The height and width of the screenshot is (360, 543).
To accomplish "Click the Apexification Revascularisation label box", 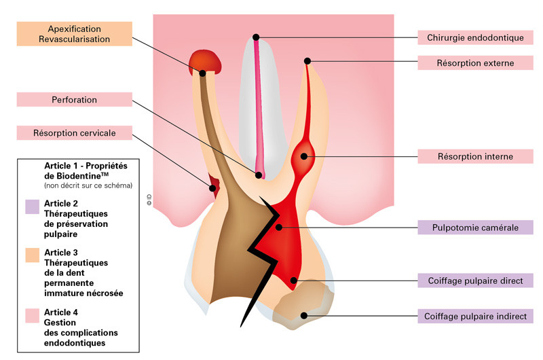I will point(75,34).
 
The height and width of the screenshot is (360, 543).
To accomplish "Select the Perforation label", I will point(75,100).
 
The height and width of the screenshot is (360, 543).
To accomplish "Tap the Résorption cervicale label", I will point(75,133).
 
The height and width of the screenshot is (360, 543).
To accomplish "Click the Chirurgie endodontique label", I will point(475,37).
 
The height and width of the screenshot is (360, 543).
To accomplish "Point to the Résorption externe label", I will point(475,63).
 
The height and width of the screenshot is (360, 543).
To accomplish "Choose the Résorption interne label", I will point(475,157).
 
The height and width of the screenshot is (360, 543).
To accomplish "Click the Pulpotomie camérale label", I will point(475,228).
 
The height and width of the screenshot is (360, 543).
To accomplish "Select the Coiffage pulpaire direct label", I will point(475,280).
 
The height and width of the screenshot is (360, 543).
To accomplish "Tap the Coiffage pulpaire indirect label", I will point(475,316).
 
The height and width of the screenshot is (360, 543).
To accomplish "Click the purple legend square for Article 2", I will point(33,206).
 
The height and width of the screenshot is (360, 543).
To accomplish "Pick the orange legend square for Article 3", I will point(33,255).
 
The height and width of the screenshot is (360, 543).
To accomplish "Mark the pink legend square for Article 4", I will point(33,315).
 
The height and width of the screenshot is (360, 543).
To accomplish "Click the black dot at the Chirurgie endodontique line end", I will point(256,37).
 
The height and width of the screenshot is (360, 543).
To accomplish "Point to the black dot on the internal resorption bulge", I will point(303,158).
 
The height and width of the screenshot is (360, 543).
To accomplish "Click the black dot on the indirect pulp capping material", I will point(305,315).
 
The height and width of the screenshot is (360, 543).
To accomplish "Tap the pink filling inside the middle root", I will point(259,109).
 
